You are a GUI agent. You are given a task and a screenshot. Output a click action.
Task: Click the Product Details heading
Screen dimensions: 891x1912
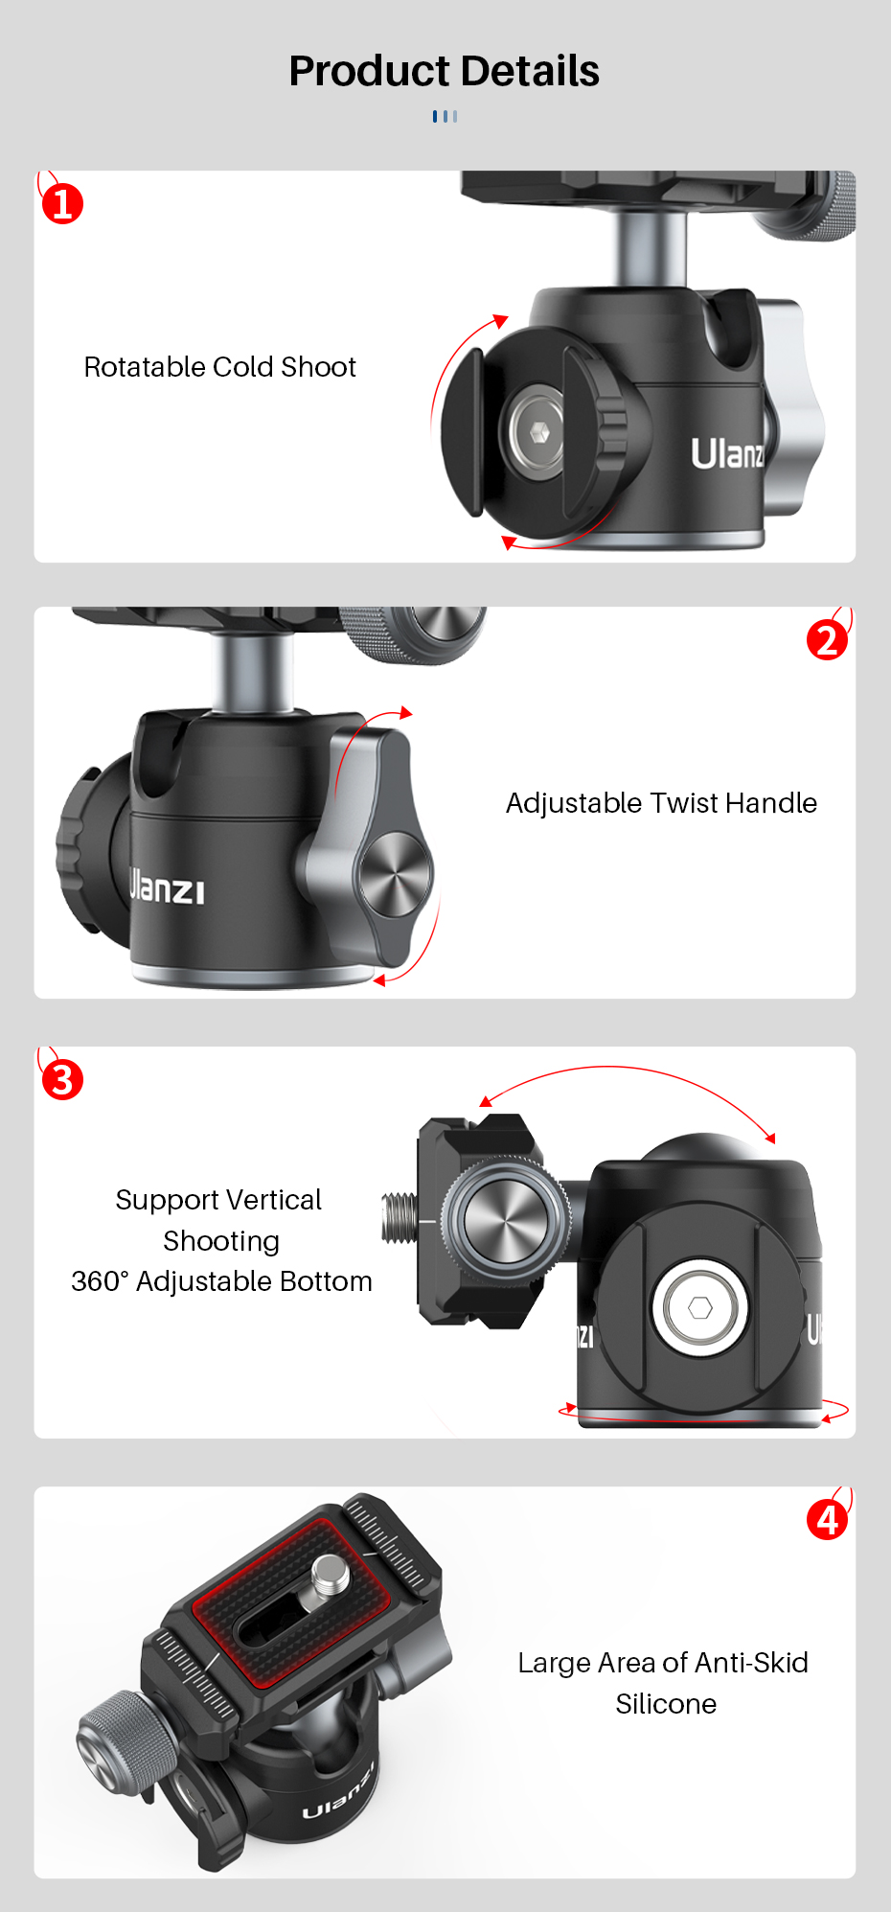tap(445, 71)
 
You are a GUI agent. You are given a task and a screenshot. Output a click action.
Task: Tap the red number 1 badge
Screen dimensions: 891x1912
tap(62, 203)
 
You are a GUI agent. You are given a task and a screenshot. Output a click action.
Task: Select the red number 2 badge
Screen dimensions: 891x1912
tap(827, 640)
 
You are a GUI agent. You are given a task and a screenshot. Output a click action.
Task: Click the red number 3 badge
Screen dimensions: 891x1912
tap(62, 1079)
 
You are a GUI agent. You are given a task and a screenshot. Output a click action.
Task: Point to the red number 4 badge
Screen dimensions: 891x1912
tap(827, 1519)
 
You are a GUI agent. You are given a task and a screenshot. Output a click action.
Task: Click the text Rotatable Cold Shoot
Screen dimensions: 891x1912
tap(220, 367)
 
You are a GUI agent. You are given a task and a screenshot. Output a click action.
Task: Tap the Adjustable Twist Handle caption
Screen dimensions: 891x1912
tap(661, 803)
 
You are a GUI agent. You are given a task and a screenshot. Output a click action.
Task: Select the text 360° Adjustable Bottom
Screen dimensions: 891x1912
tap(221, 1281)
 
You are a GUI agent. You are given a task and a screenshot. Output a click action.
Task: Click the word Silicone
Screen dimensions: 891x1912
tap(666, 1704)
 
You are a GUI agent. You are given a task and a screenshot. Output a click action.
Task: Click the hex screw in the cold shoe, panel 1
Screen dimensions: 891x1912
tap(538, 432)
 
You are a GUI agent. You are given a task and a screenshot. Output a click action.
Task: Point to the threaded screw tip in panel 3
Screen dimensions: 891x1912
tap(400, 1217)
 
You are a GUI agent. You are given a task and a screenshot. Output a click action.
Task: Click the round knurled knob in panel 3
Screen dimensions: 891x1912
tap(503, 1220)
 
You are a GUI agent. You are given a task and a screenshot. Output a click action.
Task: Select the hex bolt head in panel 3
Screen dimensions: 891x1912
tap(700, 1307)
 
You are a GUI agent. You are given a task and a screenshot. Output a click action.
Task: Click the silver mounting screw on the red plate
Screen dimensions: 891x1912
tap(330, 1575)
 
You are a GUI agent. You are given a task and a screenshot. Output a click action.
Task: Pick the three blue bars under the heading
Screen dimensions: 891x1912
tap(445, 116)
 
